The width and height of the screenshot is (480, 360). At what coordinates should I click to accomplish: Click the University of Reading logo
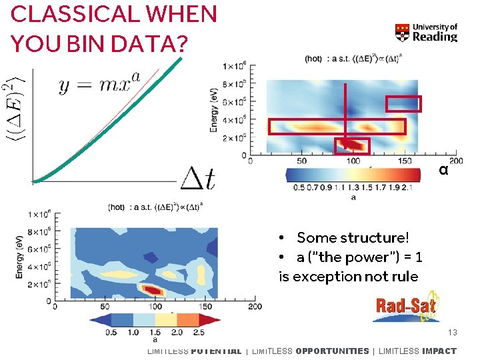[426, 32]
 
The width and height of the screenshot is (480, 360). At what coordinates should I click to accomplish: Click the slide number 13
[453, 332]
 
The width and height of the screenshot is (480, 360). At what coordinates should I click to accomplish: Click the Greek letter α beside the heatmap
[443, 170]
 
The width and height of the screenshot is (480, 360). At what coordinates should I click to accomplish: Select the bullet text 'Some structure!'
[353, 238]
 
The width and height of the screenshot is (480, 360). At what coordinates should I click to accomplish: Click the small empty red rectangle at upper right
[404, 103]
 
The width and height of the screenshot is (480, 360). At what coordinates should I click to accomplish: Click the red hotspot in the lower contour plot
[153, 290]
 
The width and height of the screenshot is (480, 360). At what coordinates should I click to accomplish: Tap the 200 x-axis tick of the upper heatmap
[455, 161]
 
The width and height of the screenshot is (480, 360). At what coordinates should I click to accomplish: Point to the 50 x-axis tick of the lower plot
[105, 307]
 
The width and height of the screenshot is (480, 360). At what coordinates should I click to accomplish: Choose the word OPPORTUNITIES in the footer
[331, 351]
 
